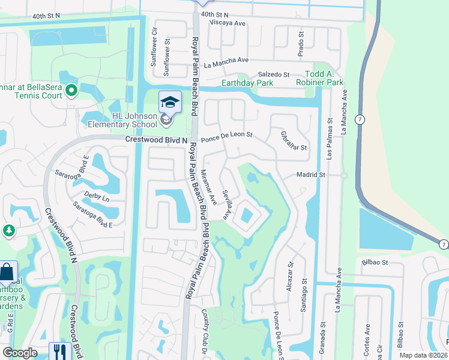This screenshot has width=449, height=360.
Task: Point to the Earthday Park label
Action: [x=243, y=83]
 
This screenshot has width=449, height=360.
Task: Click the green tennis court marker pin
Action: [x=71, y=91]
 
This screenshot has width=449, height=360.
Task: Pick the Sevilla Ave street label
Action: [x=227, y=205]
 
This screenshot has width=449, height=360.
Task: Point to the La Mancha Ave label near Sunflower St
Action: [x=226, y=61]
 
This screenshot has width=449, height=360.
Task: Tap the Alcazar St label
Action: [x=290, y=272]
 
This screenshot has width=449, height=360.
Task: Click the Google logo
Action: [x=20, y=353]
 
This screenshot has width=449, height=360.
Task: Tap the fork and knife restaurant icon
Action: [x=59, y=351]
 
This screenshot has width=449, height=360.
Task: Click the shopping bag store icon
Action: [x=7, y=273]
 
